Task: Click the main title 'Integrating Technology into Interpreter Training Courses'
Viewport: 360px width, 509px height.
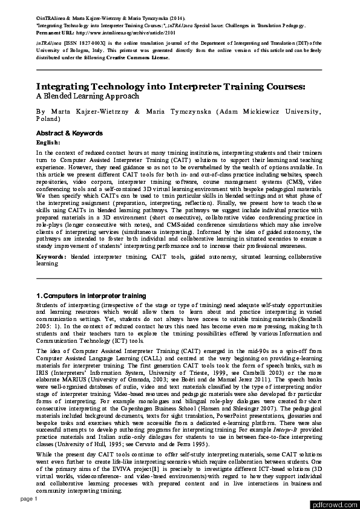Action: (x=171, y=86)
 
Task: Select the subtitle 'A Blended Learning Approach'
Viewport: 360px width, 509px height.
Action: (x=88, y=96)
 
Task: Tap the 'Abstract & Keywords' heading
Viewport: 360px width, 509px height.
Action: (x=69, y=133)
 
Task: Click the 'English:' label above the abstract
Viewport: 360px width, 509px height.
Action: (x=48, y=142)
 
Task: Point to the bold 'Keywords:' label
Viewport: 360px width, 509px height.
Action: (x=51, y=257)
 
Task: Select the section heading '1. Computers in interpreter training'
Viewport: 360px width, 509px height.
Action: (x=91, y=296)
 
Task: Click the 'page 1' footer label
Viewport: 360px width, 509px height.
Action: (x=29, y=499)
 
